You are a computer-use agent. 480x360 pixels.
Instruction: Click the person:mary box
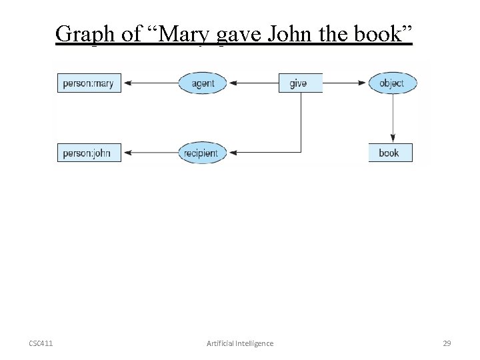[89, 83]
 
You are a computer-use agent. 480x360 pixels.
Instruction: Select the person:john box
[89, 153]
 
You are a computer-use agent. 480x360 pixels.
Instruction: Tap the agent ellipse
[203, 83]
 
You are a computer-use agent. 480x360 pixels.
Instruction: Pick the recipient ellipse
[201, 153]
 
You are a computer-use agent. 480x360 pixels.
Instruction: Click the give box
[299, 83]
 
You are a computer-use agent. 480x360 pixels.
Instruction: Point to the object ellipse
[392, 83]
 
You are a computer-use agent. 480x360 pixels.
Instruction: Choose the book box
[390, 153]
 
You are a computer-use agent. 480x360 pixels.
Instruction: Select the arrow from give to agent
[253, 83]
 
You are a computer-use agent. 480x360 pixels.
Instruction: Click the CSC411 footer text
[41, 343]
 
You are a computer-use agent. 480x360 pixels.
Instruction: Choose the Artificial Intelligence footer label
[240, 343]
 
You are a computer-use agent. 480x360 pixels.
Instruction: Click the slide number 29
[447, 343]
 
